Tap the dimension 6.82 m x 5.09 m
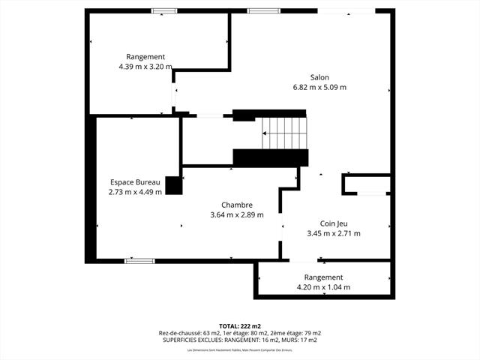pyautogui.click(x=319, y=87)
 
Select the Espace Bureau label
pyautogui.click(x=136, y=182)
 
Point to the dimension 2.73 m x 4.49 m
pyautogui.click(x=136, y=192)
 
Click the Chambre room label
pyautogui.click(x=237, y=205)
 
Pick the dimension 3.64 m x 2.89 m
pyautogui.click(x=237, y=214)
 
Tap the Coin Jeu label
pyautogui.click(x=334, y=223)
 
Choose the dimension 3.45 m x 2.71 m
pyautogui.click(x=334, y=233)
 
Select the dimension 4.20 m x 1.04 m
pyautogui.click(x=324, y=287)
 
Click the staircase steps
pyautogui.click(x=285, y=133)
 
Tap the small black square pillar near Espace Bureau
pyautogui.click(x=174, y=185)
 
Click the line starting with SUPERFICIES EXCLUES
pyautogui.click(x=240, y=340)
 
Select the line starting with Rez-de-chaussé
pyautogui.click(x=240, y=333)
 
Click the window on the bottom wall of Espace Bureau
pyautogui.click(x=139, y=260)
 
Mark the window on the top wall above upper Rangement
pyautogui.click(x=160, y=10)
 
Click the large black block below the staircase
pyautogui.click(x=271, y=157)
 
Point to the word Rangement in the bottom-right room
pyautogui.click(x=324, y=277)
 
